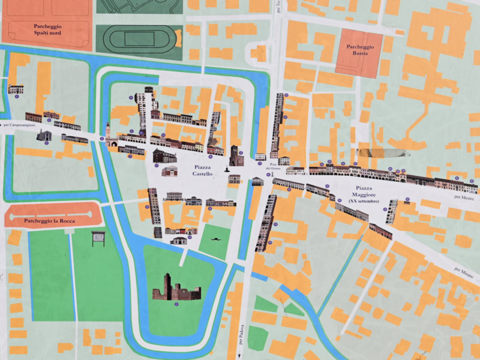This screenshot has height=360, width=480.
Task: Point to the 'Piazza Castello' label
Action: (202, 170)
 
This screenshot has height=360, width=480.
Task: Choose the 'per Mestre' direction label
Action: (463, 197)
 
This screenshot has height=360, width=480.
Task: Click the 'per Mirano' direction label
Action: (463, 273)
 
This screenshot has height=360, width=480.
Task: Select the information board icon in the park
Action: (98, 238)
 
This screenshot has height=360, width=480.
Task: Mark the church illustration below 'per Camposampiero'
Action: (44, 136)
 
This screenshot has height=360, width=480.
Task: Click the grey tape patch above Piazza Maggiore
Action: (376, 152)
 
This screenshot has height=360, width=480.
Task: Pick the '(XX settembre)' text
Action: (364, 200)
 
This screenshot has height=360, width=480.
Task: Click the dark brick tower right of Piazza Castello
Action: (236, 156)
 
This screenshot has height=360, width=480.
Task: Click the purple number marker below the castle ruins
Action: (176, 304)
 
